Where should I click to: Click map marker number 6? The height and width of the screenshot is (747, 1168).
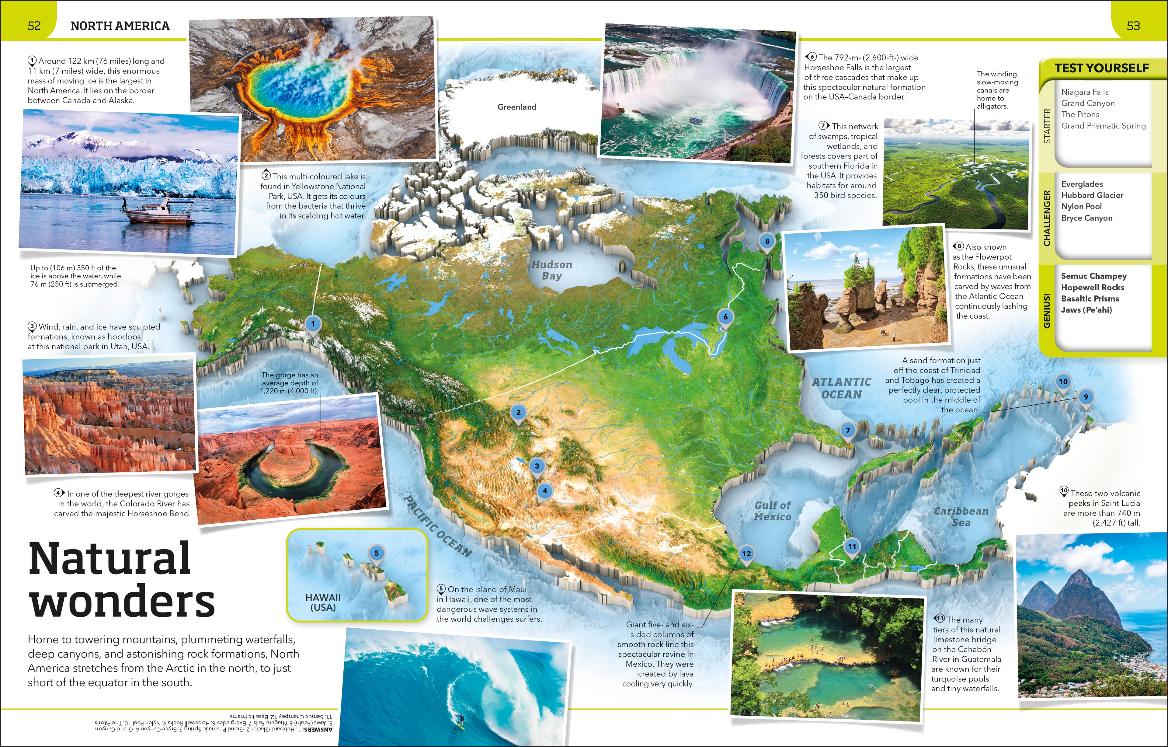[725, 317]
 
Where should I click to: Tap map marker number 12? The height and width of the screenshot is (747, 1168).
[746, 553]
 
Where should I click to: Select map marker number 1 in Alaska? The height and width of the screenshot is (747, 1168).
[313, 324]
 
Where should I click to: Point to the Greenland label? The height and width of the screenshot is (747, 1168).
[516, 107]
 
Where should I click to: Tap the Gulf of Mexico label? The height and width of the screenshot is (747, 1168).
[772, 511]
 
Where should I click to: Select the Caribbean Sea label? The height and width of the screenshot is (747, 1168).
[960, 516]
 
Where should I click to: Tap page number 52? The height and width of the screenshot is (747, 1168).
[34, 26]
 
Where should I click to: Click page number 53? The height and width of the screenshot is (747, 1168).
[1133, 26]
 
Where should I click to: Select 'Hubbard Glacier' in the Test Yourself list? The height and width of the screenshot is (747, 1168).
[1092, 195]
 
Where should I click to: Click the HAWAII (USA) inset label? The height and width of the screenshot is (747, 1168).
[323, 602]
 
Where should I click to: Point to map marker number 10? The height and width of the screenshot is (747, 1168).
[1063, 382]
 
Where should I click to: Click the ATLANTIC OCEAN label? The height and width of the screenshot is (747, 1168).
[842, 388]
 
